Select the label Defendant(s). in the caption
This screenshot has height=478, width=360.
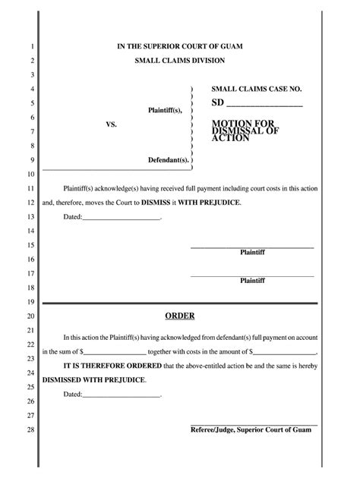(x=168, y=160)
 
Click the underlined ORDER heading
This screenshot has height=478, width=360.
(x=180, y=316)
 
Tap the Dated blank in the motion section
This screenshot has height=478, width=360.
(x=122, y=219)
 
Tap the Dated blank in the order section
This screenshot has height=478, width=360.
(x=122, y=395)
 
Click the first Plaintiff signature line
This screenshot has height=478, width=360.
(x=251, y=247)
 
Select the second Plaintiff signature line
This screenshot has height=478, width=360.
(x=251, y=275)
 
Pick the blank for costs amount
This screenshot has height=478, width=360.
(x=284, y=353)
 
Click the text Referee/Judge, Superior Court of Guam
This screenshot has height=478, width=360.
(x=251, y=429)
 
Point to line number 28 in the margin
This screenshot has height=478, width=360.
(x=31, y=430)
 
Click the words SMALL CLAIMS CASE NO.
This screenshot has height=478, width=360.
(x=257, y=90)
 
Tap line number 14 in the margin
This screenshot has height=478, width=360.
(x=31, y=230)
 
